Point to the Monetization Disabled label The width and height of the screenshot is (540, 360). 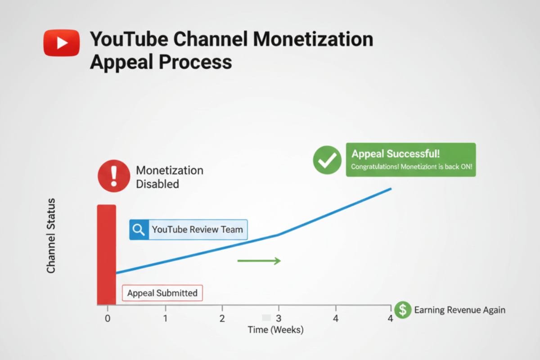tap(170, 177)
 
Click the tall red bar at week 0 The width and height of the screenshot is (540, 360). tap(107, 255)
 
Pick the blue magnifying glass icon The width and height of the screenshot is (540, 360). tap(139, 229)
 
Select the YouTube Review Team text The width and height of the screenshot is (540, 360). tap(197, 229)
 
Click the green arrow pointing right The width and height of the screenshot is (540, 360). tap(259, 261)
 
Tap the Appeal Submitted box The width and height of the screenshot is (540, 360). tap(162, 293)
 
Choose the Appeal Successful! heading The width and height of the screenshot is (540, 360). tap(396, 153)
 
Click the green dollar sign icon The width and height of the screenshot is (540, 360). tap(403, 310)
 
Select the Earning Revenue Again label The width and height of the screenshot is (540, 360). tap(459, 310)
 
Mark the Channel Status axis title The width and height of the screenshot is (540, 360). tap(51, 235)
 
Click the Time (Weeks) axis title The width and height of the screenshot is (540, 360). tap(276, 330)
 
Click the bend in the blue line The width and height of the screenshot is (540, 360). tap(278, 235)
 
